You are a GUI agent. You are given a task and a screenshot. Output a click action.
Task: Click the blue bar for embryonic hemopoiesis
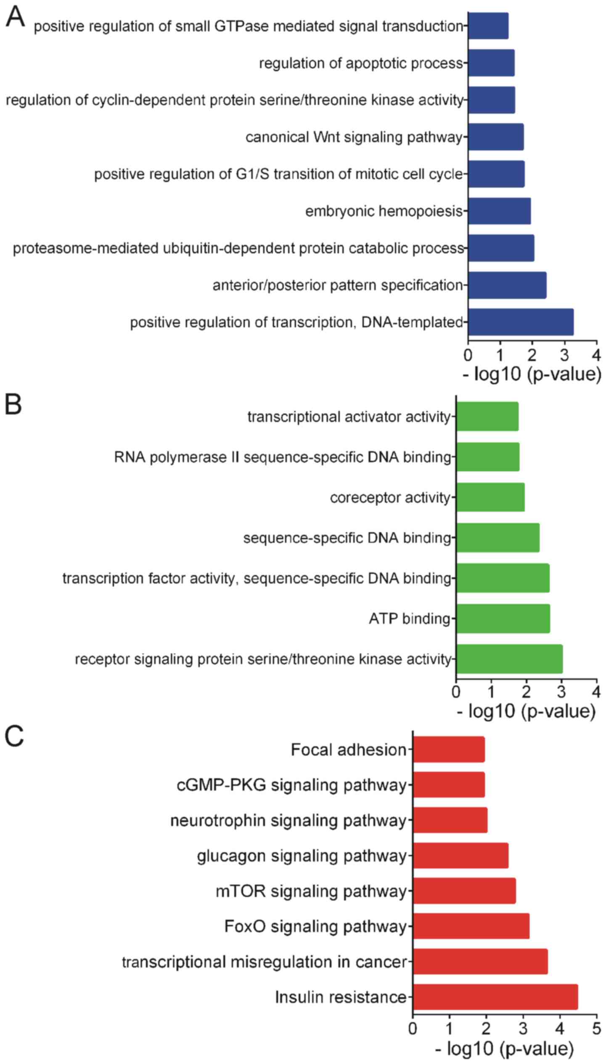coord(499,211)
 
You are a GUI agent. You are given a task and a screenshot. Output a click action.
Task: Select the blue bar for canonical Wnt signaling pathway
coord(496,137)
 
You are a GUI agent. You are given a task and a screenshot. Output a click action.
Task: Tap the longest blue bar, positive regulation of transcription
coord(521,322)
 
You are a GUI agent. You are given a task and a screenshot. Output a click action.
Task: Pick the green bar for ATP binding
coord(503,618)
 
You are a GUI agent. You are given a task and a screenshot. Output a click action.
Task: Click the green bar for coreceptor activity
coord(490,497)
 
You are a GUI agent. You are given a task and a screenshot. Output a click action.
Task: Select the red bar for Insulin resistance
coord(495,997)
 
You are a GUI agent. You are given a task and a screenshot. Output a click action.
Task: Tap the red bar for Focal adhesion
coord(449,749)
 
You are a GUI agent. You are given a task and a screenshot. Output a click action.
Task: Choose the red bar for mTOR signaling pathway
coord(464,891)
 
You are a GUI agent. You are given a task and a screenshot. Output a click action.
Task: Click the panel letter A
coord(15,18)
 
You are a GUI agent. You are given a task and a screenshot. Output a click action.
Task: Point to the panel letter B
coord(13,404)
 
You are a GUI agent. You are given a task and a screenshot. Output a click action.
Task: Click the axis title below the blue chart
coord(532,374)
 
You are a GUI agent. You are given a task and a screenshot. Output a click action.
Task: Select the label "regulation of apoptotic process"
coord(361,63)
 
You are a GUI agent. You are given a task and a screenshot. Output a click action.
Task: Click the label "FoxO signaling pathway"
coord(315,926)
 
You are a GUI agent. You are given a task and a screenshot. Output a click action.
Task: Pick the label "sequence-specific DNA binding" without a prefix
coord(347,538)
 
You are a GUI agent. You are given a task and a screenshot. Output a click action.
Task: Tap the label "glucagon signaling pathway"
coord(302,855)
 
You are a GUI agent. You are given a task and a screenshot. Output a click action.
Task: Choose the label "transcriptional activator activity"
coord(349,417)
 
